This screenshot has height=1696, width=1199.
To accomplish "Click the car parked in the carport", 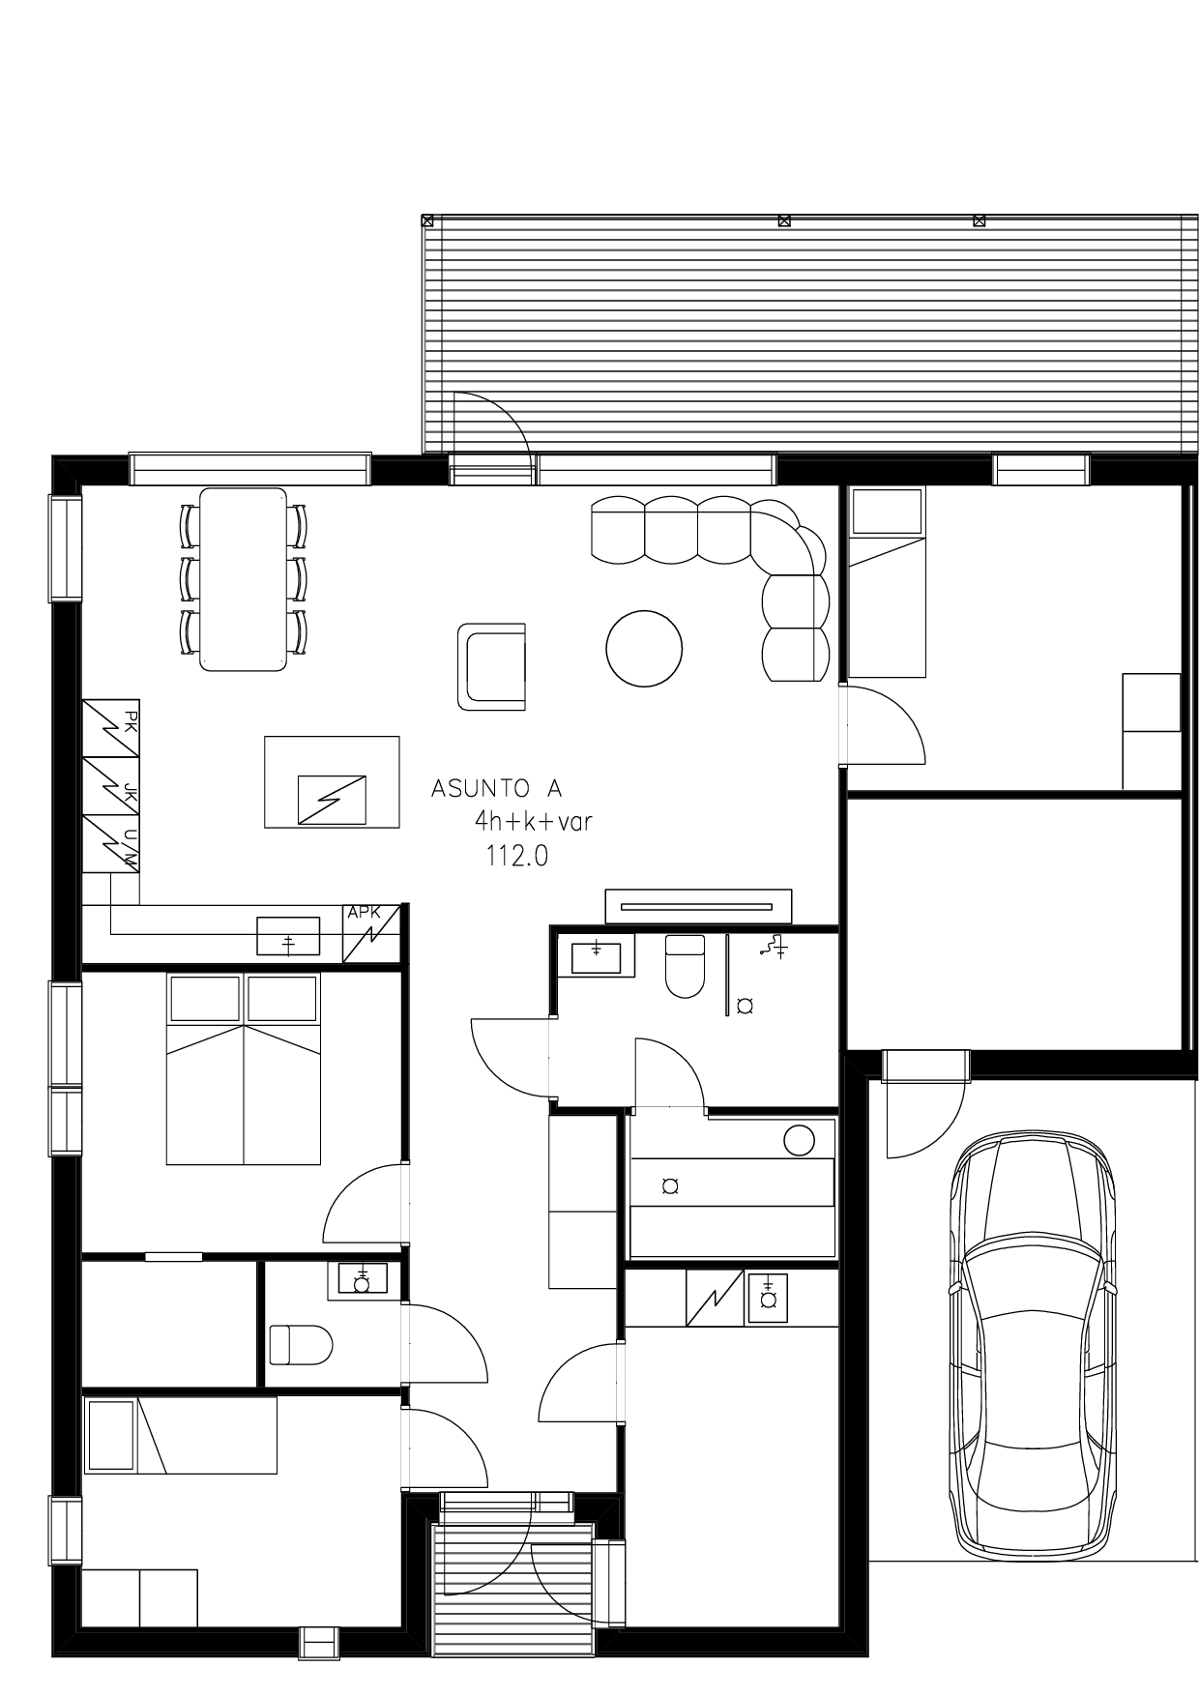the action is click(1033, 1345).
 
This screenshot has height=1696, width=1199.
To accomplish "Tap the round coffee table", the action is click(644, 648).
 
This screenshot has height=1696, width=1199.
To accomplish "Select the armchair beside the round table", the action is click(491, 667).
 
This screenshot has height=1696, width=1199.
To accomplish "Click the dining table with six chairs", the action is click(244, 579).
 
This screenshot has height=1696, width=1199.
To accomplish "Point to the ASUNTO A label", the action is click(496, 788).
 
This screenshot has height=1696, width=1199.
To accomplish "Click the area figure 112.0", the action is click(517, 856).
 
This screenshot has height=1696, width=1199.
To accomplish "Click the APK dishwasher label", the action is click(364, 912).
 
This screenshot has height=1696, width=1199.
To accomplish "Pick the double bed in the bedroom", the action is click(244, 1068).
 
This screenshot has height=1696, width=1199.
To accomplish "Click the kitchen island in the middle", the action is click(332, 782).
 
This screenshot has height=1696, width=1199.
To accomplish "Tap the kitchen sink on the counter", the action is click(288, 936).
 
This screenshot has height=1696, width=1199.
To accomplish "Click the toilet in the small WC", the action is click(301, 1345).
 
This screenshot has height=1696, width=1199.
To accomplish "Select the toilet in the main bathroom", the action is click(686, 966).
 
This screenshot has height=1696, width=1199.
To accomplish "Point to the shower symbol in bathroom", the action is click(774, 947).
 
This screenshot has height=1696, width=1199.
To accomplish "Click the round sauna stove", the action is click(799, 1141).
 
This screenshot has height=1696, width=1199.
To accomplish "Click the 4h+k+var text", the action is click(533, 822).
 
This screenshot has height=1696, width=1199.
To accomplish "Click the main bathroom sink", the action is click(597, 954).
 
